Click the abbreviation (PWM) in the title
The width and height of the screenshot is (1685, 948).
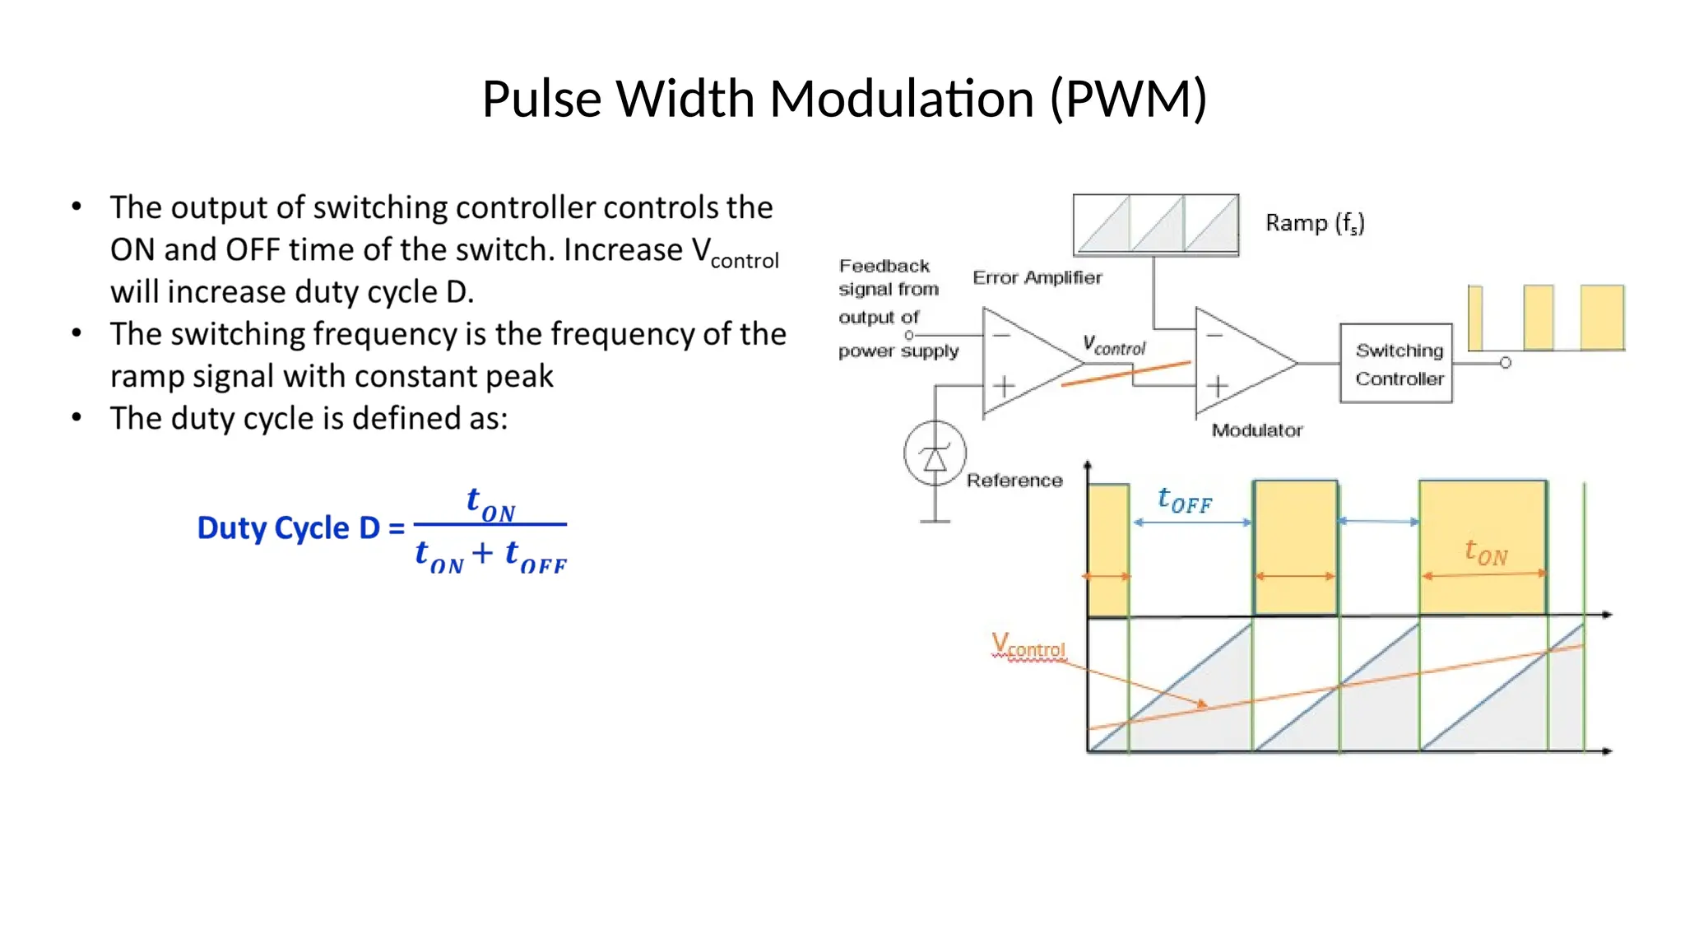[1128, 99]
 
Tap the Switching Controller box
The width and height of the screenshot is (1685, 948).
[1395, 364]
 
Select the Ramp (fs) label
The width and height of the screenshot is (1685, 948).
[1314, 223]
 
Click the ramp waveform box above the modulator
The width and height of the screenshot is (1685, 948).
[1155, 224]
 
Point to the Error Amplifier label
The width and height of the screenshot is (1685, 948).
[1037, 277]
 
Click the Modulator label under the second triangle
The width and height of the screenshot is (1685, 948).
[1256, 430]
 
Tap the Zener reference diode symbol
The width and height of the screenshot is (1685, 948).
[935, 453]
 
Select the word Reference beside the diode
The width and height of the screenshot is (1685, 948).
[1014, 481]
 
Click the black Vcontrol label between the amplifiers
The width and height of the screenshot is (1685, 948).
[1114, 346]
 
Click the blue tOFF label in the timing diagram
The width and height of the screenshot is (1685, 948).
[1184, 500]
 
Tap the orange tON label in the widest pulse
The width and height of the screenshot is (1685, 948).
[1486, 552]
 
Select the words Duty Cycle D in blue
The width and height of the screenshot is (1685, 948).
[288, 527]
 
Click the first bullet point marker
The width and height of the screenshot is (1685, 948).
[77, 207]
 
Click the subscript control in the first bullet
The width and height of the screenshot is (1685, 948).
[744, 261]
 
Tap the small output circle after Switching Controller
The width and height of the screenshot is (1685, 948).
[1505, 363]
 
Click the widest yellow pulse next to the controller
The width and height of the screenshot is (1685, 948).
[1601, 318]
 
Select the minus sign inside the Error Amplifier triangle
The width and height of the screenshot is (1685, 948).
[1001, 335]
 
